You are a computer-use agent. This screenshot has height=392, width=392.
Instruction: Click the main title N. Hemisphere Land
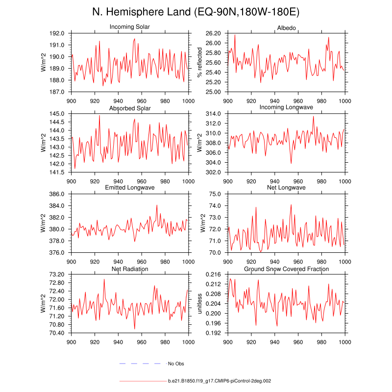[x=196, y=12]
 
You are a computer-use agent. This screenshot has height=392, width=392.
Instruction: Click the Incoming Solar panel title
[x=130, y=26]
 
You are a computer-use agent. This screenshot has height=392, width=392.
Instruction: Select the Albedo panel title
[x=287, y=26]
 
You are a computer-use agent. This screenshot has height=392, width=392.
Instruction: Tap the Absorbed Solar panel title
[x=130, y=108]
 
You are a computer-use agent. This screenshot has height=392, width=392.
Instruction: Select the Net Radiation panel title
[x=130, y=269]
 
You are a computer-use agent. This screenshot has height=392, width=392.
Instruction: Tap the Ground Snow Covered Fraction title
[x=287, y=269]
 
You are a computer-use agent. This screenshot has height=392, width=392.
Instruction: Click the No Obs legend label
[x=176, y=364]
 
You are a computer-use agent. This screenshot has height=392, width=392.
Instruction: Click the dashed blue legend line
[x=140, y=364]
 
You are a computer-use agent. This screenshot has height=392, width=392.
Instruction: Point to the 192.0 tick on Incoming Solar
[x=57, y=33]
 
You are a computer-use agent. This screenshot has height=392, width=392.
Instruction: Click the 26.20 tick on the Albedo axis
[x=213, y=33]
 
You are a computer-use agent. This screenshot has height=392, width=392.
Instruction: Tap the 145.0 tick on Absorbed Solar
[x=57, y=114]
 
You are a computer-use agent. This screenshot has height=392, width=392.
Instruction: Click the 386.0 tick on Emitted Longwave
[x=57, y=194]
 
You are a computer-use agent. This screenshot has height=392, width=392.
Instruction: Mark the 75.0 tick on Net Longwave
[x=216, y=194]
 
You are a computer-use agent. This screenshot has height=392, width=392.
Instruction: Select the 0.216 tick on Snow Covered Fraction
[x=213, y=274]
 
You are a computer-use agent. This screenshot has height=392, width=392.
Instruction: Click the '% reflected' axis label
[x=199, y=62]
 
